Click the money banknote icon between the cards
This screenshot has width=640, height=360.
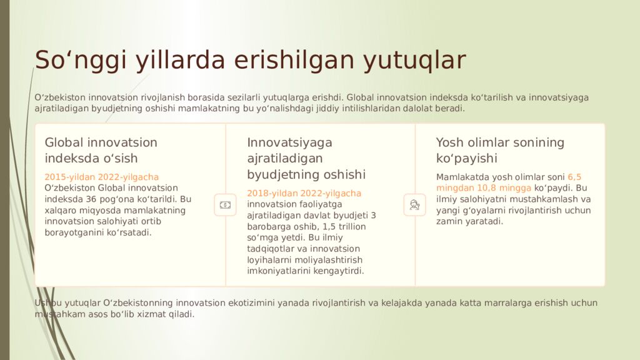tap(225, 204)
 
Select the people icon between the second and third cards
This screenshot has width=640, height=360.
tap(414, 204)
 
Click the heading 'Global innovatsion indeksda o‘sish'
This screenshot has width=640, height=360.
tap(101, 150)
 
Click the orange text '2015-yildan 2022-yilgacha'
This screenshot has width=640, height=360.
tap(102, 177)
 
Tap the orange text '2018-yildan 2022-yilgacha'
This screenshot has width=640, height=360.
tap(304, 193)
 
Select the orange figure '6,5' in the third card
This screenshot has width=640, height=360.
tap(574, 177)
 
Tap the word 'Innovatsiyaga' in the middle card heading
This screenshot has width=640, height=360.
tap(289, 142)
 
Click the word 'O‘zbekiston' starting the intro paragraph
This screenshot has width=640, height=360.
tap(60, 97)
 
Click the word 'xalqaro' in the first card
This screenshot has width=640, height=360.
tap(59, 211)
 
